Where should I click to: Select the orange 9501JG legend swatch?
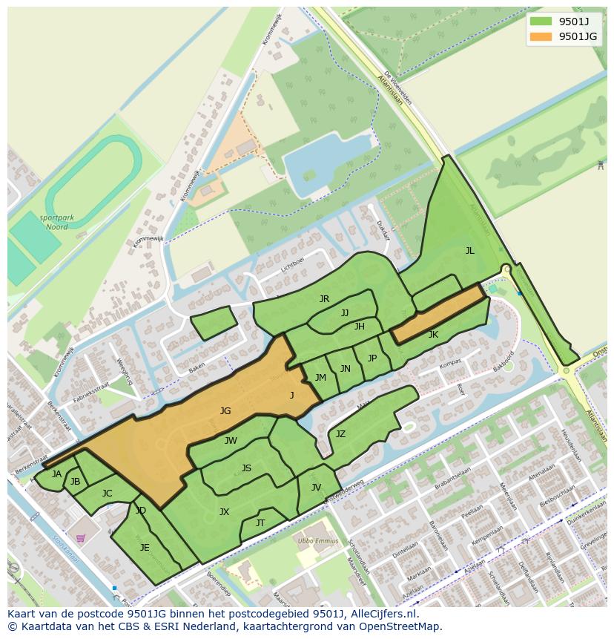pyautogui.click(x=541, y=36)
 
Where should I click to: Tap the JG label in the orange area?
pyautogui.click(x=225, y=410)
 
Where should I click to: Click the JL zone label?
pyautogui.click(x=469, y=251)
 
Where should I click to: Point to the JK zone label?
pyautogui.click(x=433, y=335)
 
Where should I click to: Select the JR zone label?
pyautogui.click(x=324, y=299)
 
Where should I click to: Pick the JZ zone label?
pyautogui.click(x=340, y=434)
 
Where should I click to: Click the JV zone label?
pyautogui.click(x=316, y=488)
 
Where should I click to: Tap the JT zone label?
pyautogui.click(x=260, y=523)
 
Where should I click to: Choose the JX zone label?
pyautogui.click(x=224, y=511)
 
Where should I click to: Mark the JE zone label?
pyautogui.click(x=145, y=548)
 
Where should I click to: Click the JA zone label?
pyautogui.click(x=57, y=474)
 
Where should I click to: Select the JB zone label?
pyautogui.click(x=75, y=482)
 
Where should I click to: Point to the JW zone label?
pyautogui.click(x=231, y=441)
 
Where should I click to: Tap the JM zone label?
pyautogui.click(x=320, y=378)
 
